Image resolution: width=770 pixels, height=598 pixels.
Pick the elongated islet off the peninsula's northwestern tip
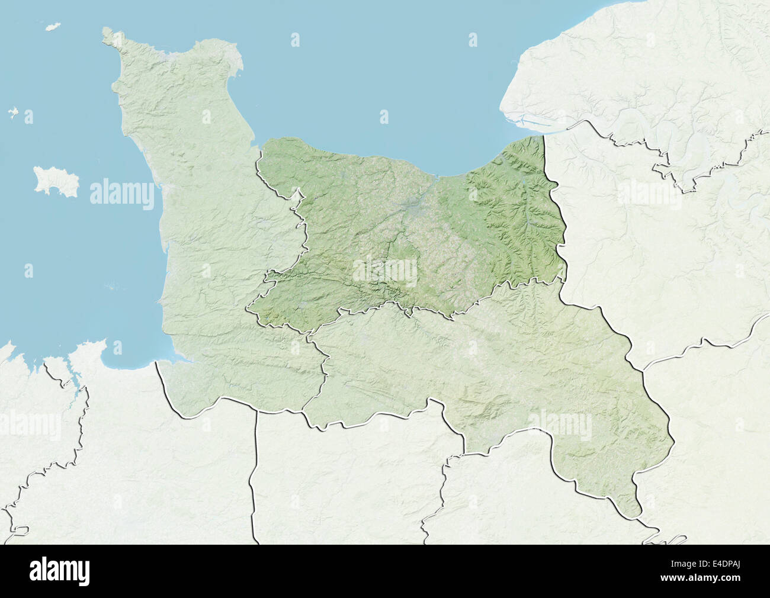pos(53,28)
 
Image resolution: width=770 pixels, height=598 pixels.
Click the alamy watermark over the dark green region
pos(385,270)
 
